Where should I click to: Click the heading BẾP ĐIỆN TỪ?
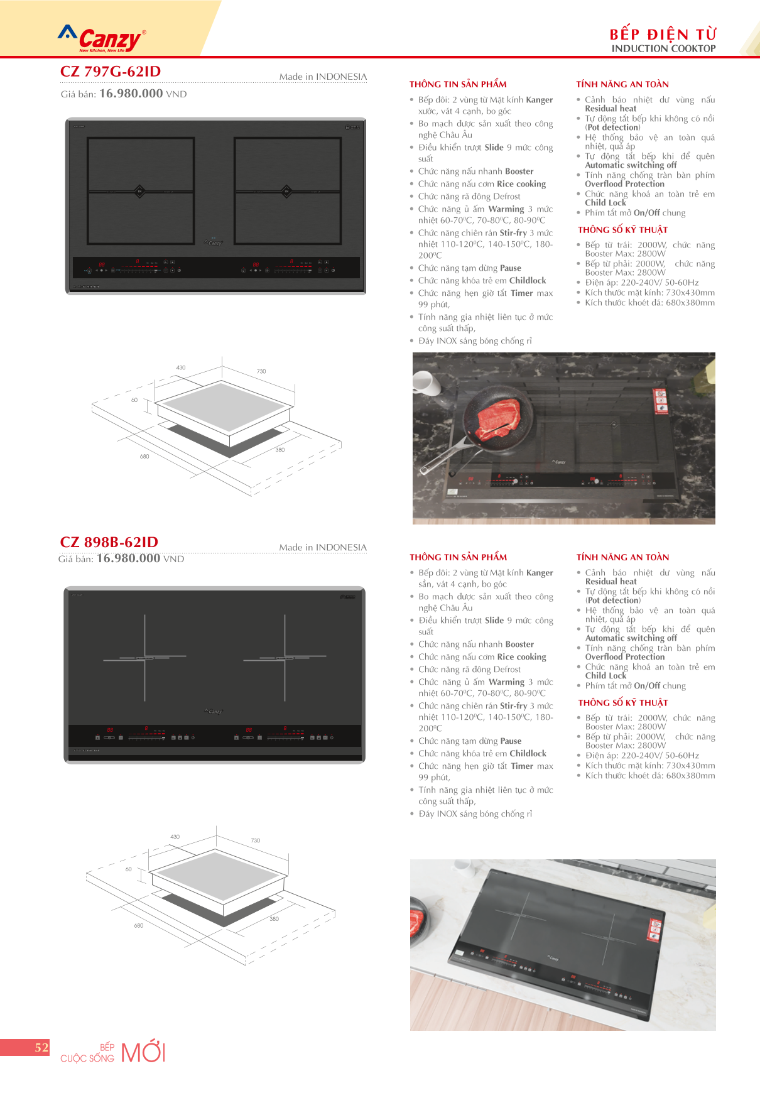(x=663, y=34)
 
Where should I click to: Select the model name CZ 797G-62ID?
(x=111, y=72)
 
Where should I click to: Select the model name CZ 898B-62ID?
(x=109, y=542)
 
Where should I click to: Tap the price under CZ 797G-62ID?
(x=131, y=94)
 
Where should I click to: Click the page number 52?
(x=41, y=1048)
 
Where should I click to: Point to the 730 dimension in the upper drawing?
(x=261, y=371)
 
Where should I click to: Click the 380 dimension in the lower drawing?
(x=274, y=919)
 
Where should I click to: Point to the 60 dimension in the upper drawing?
(x=134, y=400)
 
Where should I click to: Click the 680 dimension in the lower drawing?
(x=139, y=925)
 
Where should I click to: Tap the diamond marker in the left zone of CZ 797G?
(x=140, y=191)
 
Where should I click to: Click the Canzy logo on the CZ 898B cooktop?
(x=214, y=711)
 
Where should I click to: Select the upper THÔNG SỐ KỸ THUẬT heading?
(x=622, y=230)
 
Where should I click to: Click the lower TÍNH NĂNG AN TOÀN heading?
(x=622, y=557)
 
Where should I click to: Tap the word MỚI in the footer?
(x=143, y=1052)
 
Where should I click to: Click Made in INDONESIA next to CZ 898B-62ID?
(x=323, y=548)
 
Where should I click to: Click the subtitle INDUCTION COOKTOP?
(x=663, y=48)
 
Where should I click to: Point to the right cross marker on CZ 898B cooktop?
(x=285, y=658)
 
